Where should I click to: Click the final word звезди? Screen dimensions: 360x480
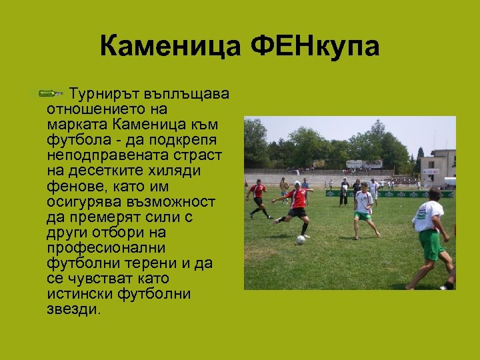(x=73, y=309)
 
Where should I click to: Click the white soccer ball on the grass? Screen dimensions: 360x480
(x=301, y=239)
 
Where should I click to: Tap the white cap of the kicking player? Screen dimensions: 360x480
(x=297, y=183)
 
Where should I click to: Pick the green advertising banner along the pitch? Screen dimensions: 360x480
(x=400, y=194)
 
